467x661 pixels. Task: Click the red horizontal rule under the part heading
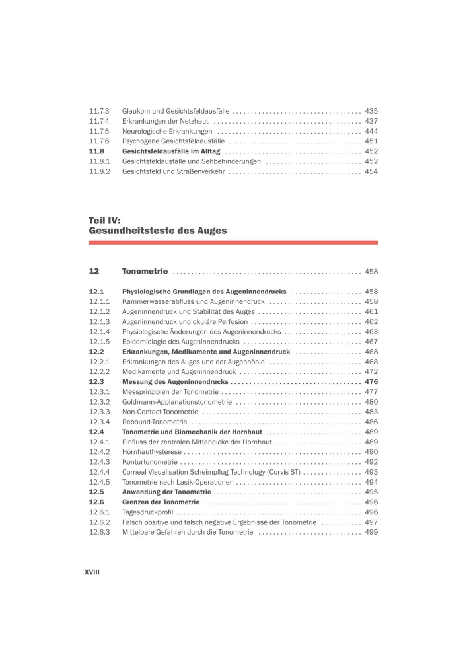(x=233, y=243)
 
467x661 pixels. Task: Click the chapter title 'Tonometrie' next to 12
(x=145, y=272)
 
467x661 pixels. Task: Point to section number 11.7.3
(x=99, y=111)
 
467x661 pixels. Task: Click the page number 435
(x=371, y=111)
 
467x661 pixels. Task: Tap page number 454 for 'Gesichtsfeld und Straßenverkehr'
(x=371, y=171)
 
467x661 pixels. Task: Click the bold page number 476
(x=371, y=382)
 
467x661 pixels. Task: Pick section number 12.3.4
(x=99, y=422)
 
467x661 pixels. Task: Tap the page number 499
(x=371, y=532)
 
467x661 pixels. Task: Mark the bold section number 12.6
(x=97, y=502)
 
